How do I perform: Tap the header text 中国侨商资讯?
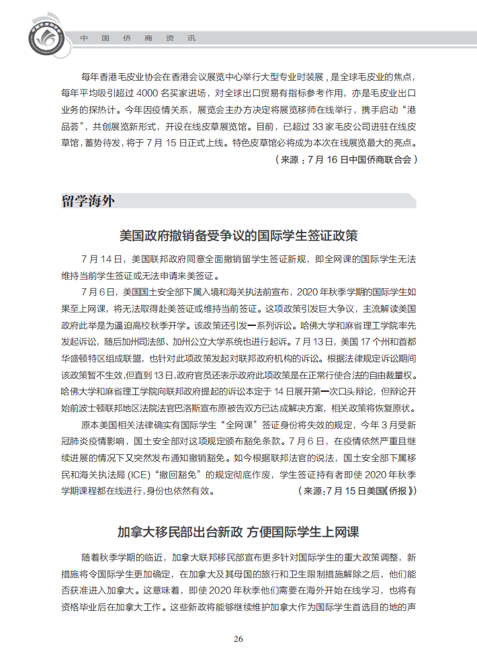(x=138, y=38)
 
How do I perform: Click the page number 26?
(x=238, y=638)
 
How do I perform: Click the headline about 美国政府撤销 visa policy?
(x=238, y=235)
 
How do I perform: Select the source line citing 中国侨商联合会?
(x=347, y=160)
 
